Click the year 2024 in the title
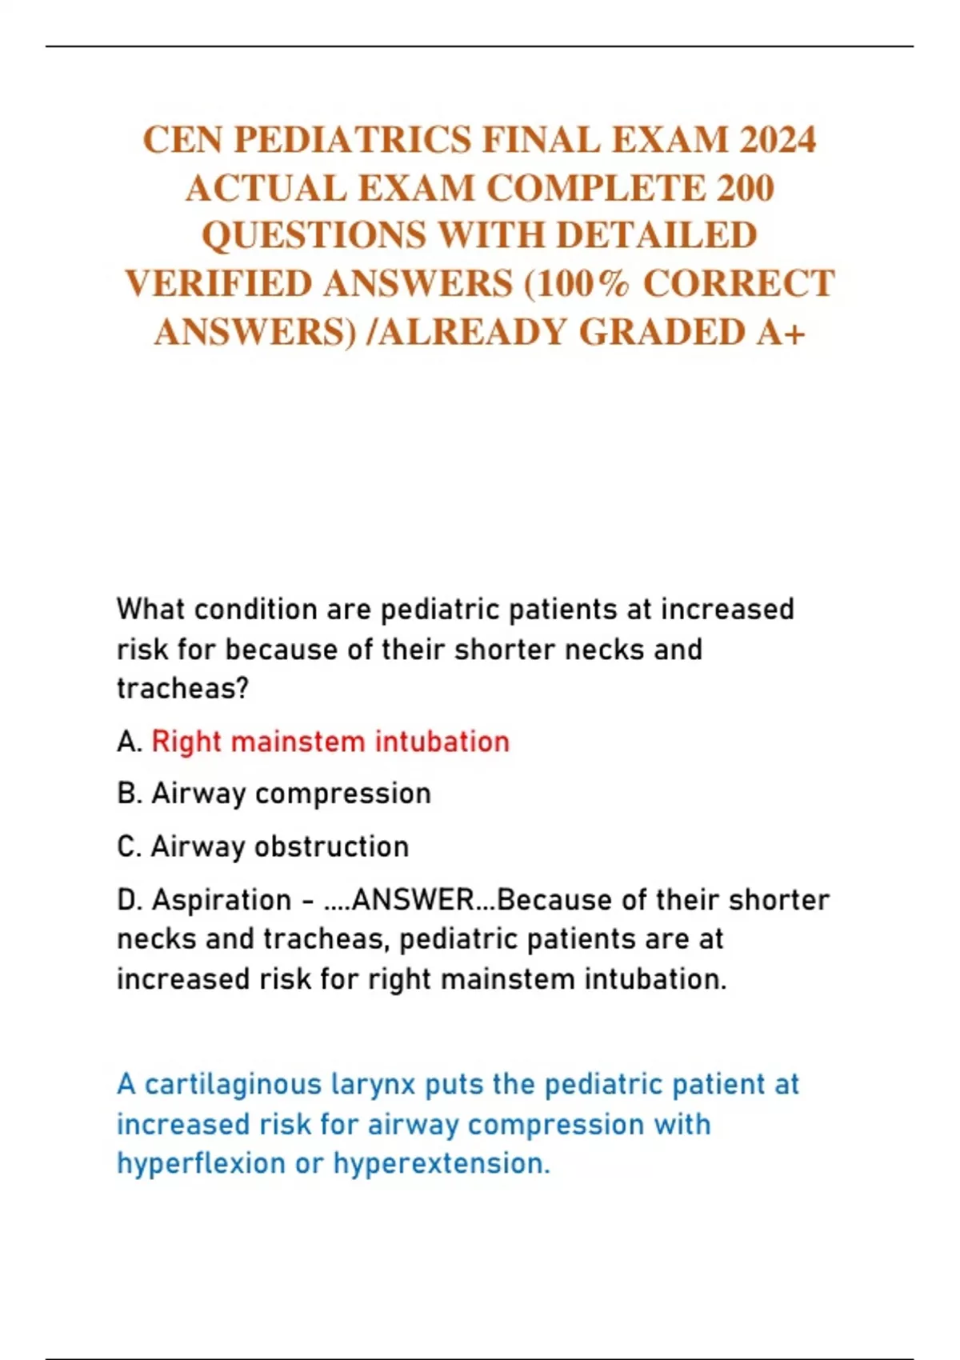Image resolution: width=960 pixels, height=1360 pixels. (777, 140)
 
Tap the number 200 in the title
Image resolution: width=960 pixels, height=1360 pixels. (745, 189)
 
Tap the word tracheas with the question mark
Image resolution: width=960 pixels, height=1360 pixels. (183, 688)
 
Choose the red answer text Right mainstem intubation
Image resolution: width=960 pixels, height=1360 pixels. (330, 742)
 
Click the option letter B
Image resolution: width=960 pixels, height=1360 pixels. (128, 794)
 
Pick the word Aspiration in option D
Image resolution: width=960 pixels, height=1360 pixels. (222, 900)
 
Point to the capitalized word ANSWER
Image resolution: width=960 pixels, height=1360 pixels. (413, 900)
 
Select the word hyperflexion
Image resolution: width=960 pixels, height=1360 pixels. (201, 1164)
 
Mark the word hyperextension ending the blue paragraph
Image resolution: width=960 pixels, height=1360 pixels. (442, 1164)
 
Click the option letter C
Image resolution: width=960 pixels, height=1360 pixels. (128, 846)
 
